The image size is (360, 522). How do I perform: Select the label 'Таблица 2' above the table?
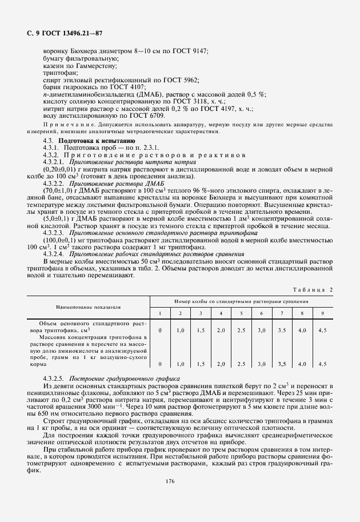coord(313,290)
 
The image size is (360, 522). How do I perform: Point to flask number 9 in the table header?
coord(322,313)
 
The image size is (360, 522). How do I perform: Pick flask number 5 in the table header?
coord(241,313)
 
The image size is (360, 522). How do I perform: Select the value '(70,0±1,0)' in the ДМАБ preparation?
coord(58,190)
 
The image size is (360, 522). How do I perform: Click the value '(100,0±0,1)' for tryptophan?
coord(60,240)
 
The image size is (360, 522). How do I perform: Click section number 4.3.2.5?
coord(55,379)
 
